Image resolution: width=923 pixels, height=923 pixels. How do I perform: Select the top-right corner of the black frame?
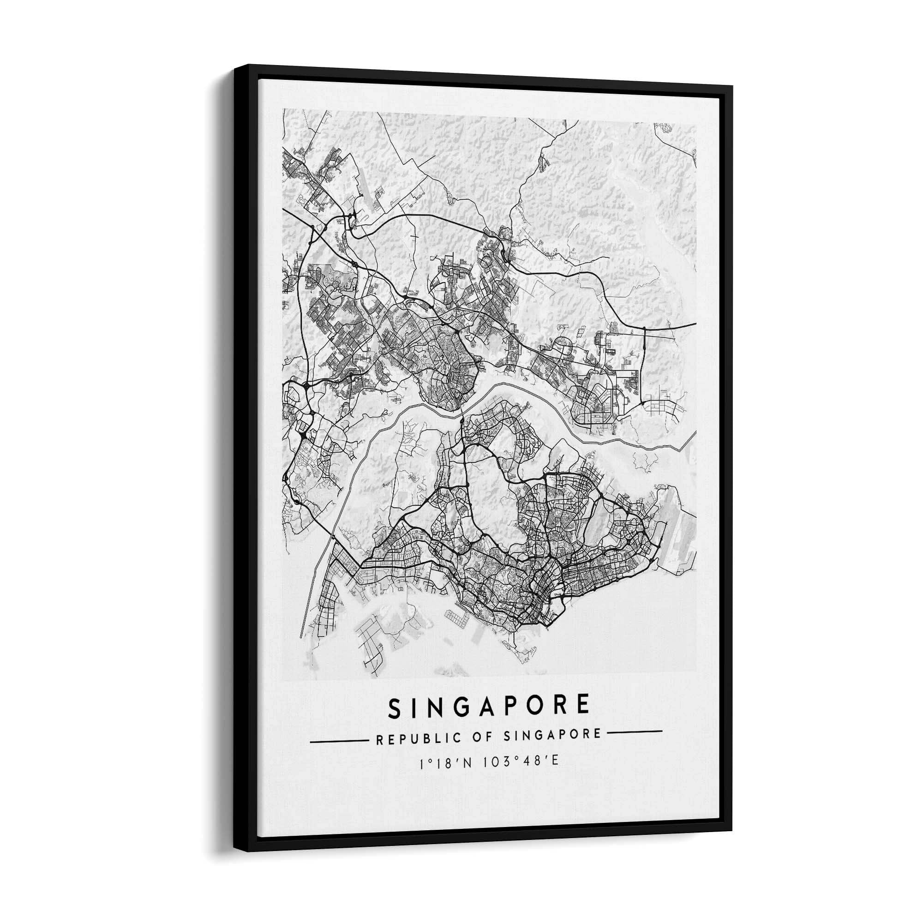(x=731, y=87)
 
